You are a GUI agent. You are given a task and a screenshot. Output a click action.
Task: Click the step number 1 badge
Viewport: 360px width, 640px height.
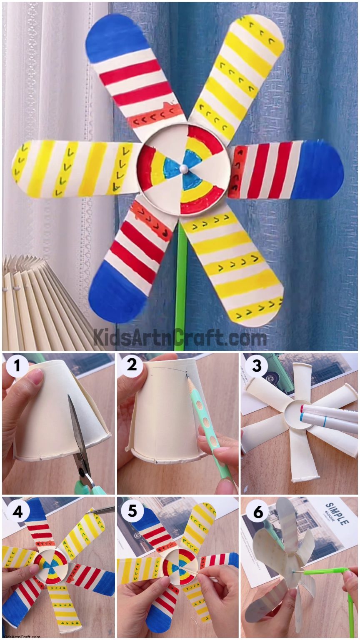click(17, 366)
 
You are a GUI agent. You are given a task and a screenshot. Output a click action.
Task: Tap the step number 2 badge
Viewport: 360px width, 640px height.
click(132, 365)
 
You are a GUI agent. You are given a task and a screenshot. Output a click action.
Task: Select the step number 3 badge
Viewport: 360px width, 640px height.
click(256, 365)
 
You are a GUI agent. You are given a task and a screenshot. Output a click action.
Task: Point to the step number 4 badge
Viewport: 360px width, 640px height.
click(17, 511)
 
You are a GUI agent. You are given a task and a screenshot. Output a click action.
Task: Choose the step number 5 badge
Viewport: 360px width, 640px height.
click(132, 511)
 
